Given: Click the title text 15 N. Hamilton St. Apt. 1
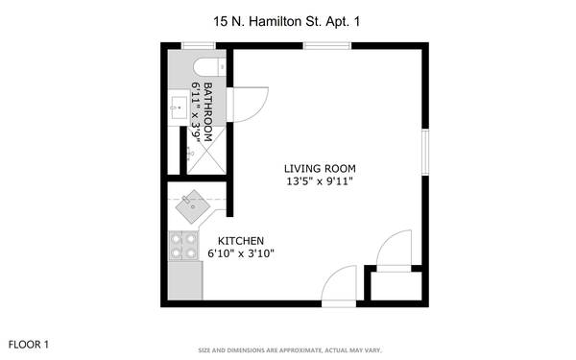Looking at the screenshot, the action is (286, 21).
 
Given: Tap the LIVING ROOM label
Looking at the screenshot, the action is (320, 169).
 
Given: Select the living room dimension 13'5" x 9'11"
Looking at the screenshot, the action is (320, 181).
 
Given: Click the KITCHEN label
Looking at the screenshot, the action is (241, 241).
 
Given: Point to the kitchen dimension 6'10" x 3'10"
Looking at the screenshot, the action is (241, 253).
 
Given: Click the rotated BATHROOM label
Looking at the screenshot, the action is (208, 111).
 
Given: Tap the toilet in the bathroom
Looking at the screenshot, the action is (209, 67).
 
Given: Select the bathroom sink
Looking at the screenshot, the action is (179, 108).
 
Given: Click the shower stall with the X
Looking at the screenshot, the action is (206, 151).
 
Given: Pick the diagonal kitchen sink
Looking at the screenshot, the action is (193, 206).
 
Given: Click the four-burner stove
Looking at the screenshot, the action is (183, 246).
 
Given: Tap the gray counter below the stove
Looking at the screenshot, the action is (185, 280).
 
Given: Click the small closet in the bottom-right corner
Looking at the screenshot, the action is (396, 286).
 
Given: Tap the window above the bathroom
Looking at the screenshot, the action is (199, 46).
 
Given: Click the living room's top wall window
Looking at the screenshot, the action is (327, 46).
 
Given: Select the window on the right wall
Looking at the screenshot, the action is (425, 152).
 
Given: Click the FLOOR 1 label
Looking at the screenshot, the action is (28, 345).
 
